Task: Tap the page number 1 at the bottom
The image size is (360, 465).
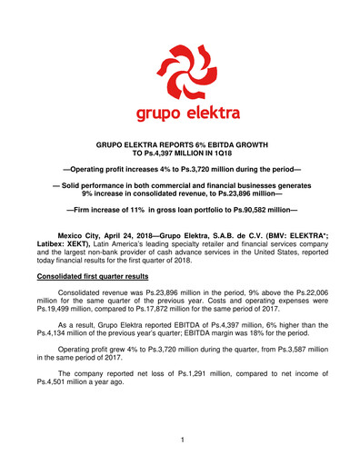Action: (x=181, y=440)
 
